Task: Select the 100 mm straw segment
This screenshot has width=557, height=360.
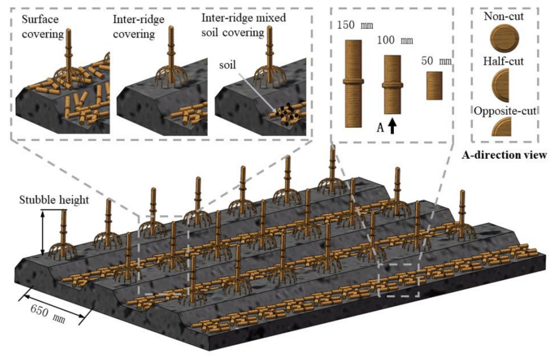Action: click(x=392, y=85)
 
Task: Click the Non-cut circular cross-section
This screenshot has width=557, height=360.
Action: click(x=504, y=40)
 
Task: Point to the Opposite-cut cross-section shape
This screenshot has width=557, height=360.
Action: click(x=501, y=127)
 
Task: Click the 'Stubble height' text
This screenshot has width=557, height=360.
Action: click(x=54, y=200)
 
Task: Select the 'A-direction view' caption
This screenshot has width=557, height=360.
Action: click(x=504, y=156)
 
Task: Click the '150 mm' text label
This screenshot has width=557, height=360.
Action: click(x=354, y=26)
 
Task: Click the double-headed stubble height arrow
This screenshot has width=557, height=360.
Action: click(x=42, y=233)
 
